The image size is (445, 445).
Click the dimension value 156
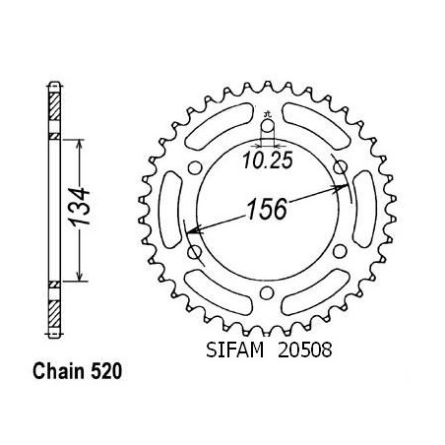[x=267, y=209]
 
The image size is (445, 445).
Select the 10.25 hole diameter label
[x=268, y=160]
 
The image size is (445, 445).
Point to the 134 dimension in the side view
[x=80, y=207]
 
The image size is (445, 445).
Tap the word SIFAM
[x=234, y=350]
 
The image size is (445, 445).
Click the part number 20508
[x=305, y=350]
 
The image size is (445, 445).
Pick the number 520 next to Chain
[x=106, y=371]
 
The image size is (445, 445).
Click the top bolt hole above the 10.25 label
[x=268, y=127]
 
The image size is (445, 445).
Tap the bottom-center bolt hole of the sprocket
[x=267, y=292]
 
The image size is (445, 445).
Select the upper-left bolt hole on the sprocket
[x=195, y=168]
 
